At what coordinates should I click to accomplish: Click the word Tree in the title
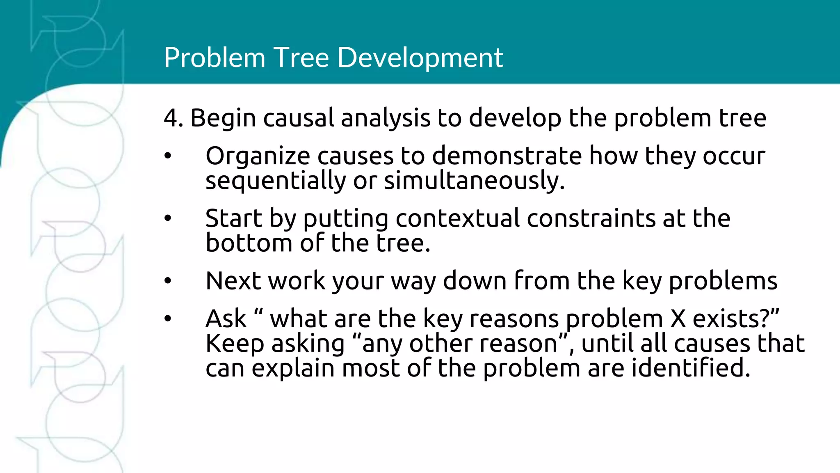(x=301, y=57)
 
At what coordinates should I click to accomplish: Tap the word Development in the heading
(x=420, y=57)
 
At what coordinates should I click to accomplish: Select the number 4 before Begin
(x=171, y=118)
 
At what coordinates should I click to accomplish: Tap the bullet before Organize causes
(x=167, y=156)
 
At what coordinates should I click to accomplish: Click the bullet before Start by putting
(x=167, y=218)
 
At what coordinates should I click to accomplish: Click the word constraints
(x=591, y=218)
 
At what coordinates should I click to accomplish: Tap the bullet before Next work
(x=167, y=281)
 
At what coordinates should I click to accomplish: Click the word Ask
(x=226, y=319)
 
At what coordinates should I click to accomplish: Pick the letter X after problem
(x=678, y=319)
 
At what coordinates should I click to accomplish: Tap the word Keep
(x=234, y=344)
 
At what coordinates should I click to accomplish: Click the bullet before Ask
(x=167, y=319)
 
